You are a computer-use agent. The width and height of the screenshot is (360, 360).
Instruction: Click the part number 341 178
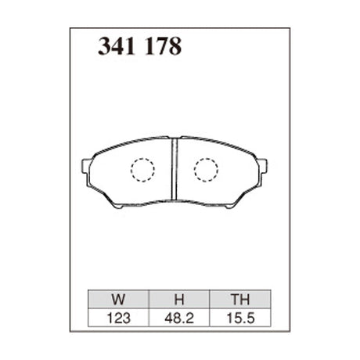click(x=139, y=46)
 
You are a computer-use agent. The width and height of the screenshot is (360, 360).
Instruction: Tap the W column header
click(x=118, y=299)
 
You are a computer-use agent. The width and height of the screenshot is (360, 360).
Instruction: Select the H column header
click(x=179, y=299)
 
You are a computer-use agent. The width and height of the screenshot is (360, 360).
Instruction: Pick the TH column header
click(x=240, y=299)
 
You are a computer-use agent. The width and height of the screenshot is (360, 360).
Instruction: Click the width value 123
click(x=118, y=318)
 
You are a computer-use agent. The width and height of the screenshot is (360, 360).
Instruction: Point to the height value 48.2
click(x=179, y=318)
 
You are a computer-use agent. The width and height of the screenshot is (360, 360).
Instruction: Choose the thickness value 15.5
click(x=240, y=318)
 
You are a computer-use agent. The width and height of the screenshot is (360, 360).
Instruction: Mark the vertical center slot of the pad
click(x=175, y=169)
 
